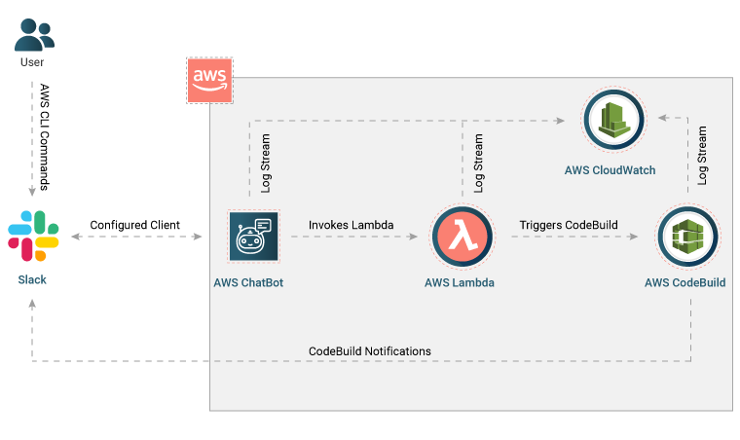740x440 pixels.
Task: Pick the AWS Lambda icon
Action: (x=460, y=237)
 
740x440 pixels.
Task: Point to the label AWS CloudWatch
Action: (x=610, y=170)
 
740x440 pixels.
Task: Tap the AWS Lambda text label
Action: (x=459, y=283)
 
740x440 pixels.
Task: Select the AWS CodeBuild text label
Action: (x=684, y=283)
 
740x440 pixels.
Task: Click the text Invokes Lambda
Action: (x=351, y=225)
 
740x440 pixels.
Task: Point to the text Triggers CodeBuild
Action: (x=569, y=225)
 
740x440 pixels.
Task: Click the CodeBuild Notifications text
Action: (x=370, y=350)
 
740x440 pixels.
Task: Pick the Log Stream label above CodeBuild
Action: (x=701, y=156)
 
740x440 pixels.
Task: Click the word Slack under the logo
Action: (x=32, y=280)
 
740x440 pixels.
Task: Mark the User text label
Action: (x=32, y=62)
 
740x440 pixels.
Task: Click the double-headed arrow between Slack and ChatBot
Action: (x=135, y=237)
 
